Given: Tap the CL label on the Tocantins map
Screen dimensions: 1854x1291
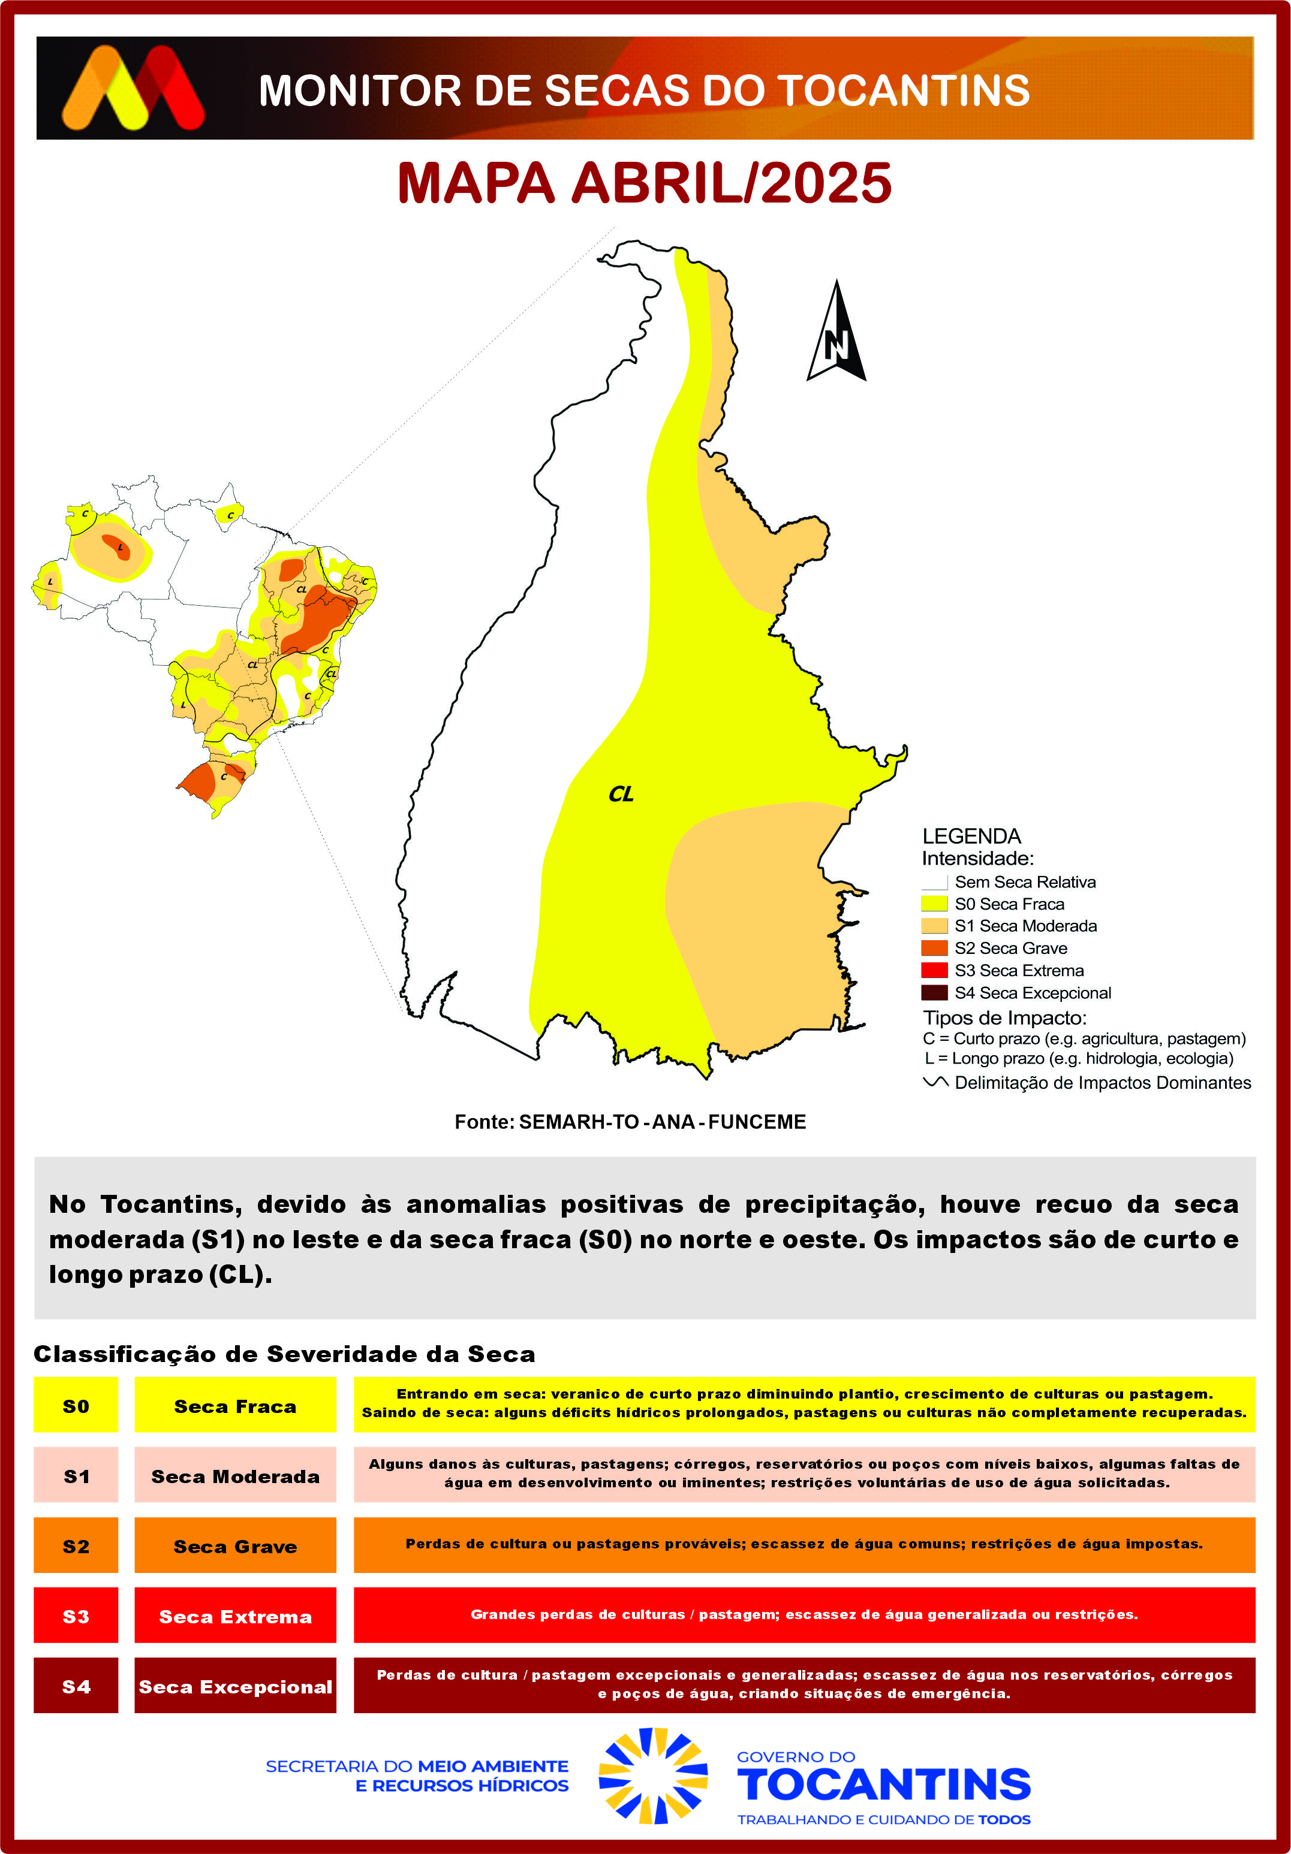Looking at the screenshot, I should (x=621, y=795).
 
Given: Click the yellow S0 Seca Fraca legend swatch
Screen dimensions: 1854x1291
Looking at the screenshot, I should (x=934, y=904).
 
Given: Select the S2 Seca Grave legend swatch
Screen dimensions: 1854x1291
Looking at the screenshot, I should (x=934, y=948).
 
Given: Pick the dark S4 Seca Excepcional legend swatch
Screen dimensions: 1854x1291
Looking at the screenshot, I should (x=934, y=992).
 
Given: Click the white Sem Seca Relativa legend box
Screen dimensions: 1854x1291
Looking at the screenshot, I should (x=934, y=882).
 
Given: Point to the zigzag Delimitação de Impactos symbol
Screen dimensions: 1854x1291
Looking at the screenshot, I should (x=935, y=1082).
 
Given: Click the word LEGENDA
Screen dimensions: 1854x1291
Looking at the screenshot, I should (x=971, y=836).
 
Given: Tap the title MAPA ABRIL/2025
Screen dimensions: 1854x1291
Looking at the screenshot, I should (x=644, y=183).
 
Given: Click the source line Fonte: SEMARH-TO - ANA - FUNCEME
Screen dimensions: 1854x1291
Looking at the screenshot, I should (x=630, y=1122).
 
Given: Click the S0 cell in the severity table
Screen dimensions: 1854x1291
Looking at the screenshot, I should (x=76, y=1406).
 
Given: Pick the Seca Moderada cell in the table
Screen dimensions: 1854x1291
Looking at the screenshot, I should (x=235, y=1476).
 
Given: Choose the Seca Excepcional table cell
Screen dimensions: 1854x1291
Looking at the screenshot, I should (x=235, y=1686).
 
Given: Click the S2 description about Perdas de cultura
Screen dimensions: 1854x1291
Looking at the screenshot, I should (x=804, y=1544).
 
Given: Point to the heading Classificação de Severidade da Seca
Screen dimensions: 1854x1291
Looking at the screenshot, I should (x=284, y=1354).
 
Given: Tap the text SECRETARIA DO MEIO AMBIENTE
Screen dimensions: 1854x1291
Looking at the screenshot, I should (x=417, y=1766).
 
